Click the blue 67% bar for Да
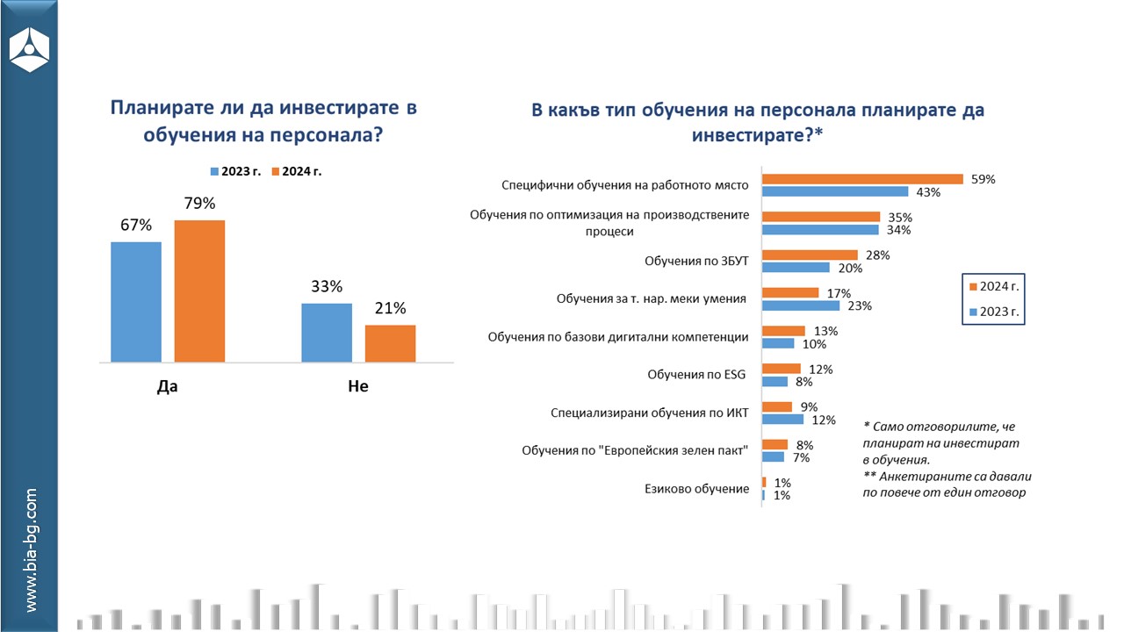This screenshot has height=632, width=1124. coord(136,301)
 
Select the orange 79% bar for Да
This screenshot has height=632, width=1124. coord(199,291)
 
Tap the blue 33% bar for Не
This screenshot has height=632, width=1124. coord(327,332)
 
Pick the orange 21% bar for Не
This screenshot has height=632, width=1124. coord(390,343)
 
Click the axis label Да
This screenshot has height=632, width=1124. coord(167,386)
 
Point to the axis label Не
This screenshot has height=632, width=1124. coord(358,386)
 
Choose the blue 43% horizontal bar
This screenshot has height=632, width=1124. coord(835,191)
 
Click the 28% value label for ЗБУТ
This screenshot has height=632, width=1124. coord(878,255)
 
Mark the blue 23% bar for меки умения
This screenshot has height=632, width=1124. coord(800,305)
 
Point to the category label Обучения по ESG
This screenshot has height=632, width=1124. coord(696,375)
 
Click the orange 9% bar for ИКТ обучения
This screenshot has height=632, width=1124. coord(777,406)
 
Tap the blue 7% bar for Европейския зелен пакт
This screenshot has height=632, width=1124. coord(773,456)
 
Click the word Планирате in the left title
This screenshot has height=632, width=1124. coord(159,108)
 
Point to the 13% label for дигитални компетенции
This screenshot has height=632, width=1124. coord(826,331)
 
